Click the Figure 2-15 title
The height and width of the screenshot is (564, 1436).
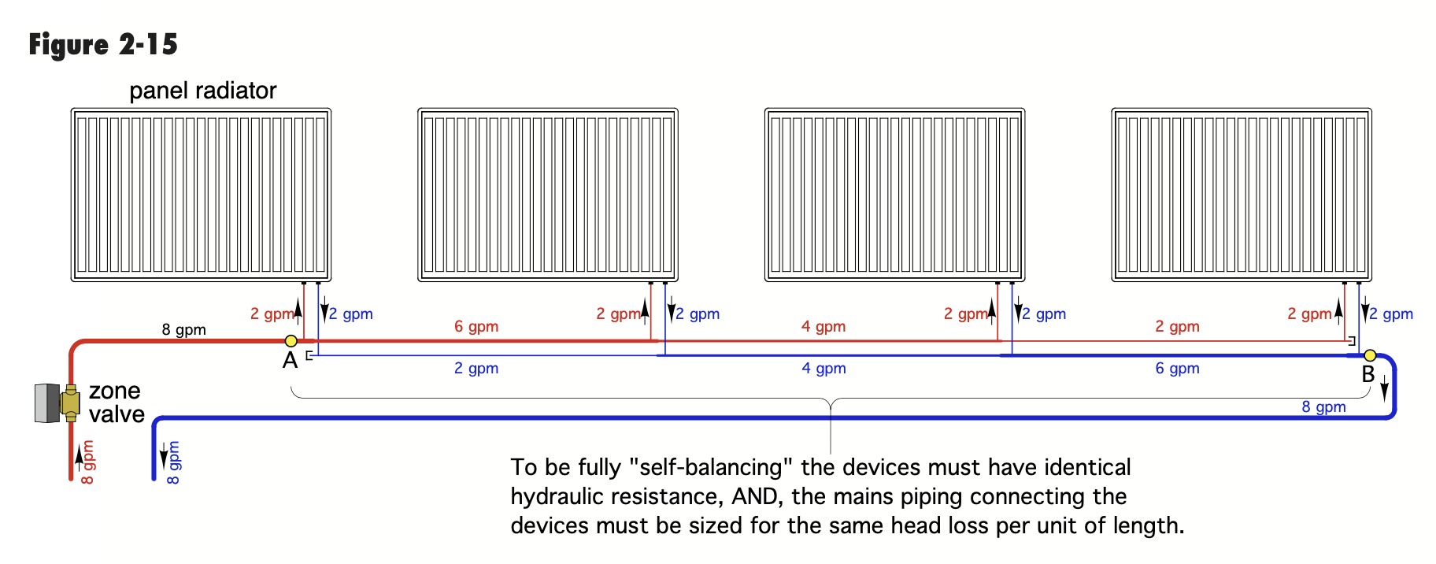click(x=103, y=45)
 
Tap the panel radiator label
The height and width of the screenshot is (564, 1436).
click(x=203, y=91)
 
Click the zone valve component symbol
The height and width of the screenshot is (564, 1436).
click(x=57, y=403)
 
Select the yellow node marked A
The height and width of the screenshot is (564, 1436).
click(x=291, y=341)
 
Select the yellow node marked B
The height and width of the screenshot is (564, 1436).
click(x=1370, y=355)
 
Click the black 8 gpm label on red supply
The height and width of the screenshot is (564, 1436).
click(x=184, y=329)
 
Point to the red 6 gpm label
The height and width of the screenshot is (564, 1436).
click(x=476, y=326)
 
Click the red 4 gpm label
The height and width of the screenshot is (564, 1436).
click(x=823, y=326)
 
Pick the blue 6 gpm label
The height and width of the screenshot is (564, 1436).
click(x=1178, y=368)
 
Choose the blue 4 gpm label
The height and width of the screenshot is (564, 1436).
click(x=824, y=368)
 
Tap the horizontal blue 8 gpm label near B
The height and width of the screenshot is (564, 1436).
click(x=1323, y=406)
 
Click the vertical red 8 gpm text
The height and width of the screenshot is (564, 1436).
click(x=87, y=462)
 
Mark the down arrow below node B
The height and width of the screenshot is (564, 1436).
click(x=1385, y=387)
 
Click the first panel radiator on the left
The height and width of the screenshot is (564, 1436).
click(x=201, y=195)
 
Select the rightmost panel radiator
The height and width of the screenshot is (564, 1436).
click(x=1242, y=195)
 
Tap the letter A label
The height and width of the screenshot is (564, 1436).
click(x=291, y=361)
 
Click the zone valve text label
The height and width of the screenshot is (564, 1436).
click(x=117, y=403)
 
